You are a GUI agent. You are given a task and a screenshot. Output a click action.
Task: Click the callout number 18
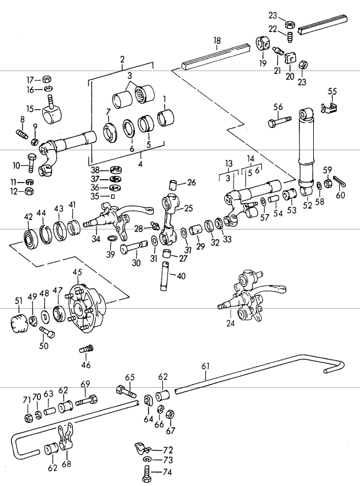pos(217,40)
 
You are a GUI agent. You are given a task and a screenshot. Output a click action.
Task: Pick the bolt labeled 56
pos(279,123)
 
